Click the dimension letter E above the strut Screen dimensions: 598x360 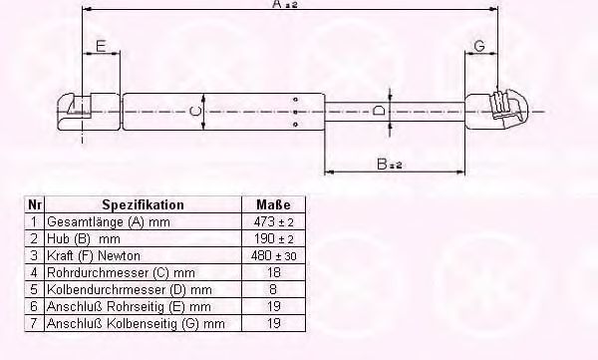click(x=101, y=46)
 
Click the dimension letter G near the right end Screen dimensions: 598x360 click(x=479, y=46)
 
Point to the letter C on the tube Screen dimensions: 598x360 click(x=195, y=112)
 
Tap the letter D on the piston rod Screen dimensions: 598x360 click(x=379, y=112)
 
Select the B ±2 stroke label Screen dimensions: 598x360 click(x=390, y=165)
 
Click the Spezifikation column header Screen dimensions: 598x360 click(x=143, y=205)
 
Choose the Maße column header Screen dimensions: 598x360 click(x=273, y=205)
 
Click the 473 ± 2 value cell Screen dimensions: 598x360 click(x=273, y=221)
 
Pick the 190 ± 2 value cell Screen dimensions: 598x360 click(x=273, y=239)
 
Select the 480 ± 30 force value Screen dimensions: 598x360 click(x=273, y=255)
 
